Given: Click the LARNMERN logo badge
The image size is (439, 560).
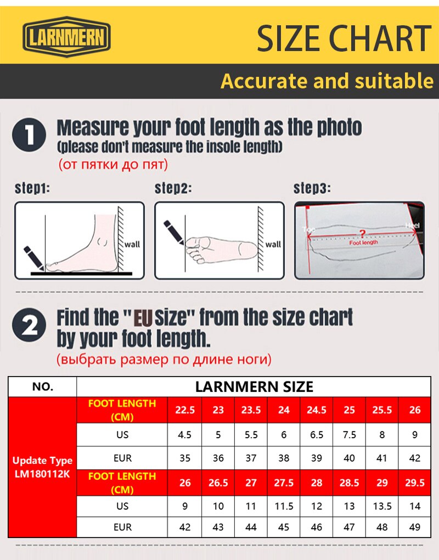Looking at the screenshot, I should coord(66,38).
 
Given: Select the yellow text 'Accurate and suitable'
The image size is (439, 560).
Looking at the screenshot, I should coord(327,81).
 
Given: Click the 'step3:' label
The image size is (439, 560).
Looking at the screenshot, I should coord(312,189).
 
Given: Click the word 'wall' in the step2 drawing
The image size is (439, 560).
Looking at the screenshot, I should coord(273,244).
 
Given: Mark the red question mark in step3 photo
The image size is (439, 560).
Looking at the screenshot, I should coord(361,233).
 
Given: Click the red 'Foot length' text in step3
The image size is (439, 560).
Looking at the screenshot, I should coord(363,242).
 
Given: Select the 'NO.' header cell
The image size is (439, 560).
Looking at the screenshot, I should coord(43,387).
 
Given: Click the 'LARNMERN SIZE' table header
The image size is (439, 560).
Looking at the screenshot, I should coord(254,387).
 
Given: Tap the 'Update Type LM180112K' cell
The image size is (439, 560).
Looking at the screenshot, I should coord(43,467).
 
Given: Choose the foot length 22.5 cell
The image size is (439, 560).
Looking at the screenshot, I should coord(185,410).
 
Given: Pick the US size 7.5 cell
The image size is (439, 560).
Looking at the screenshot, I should coord(349,434).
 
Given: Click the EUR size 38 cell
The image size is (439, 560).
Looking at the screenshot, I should coord(284,458).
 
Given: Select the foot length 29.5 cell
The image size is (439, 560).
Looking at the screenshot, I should coord(415,483).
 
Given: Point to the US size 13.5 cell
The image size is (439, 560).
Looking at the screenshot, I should coord(382,506).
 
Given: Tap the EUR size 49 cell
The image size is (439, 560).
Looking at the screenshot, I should coord(415,527).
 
